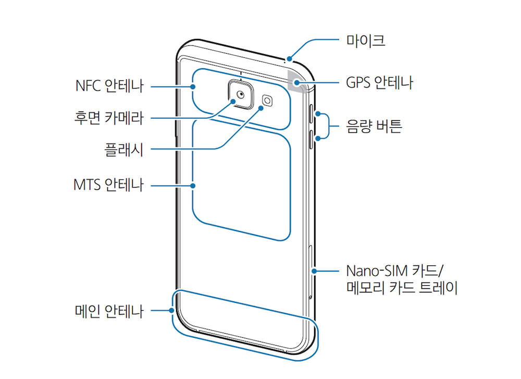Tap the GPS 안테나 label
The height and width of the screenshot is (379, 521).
pos(379,82)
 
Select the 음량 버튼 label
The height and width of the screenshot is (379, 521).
pos(374,126)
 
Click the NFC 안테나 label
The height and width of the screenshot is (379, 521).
pos(109,87)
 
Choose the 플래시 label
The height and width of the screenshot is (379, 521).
pos(123,151)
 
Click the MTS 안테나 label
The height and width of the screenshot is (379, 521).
pos(108,185)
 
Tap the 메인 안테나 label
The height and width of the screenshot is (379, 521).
pos(108,311)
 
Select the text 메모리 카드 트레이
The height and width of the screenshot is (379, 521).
pos(402,288)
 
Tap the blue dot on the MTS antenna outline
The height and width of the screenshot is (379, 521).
pos(193,185)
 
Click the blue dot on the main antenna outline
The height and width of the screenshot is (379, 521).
pos(171,311)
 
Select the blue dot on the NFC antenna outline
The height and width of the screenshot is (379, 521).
pos(193,87)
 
